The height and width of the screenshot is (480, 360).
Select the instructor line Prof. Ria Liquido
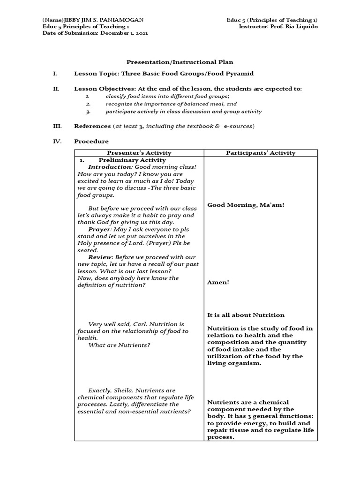tap(278, 26)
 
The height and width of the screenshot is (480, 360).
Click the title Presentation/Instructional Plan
tap(180, 62)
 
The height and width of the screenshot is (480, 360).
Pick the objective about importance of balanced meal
tap(171, 104)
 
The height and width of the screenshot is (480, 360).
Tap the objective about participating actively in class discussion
tap(183, 112)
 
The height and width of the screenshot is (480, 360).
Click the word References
tap(92, 126)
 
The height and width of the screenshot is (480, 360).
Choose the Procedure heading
tap(91, 141)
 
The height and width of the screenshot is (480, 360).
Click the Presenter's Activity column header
tap(139, 153)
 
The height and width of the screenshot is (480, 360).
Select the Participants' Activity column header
tap(261, 153)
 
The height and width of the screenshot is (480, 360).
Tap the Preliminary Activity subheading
tap(132, 160)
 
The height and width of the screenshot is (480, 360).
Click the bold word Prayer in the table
tap(99, 229)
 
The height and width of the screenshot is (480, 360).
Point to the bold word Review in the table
tap(100, 257)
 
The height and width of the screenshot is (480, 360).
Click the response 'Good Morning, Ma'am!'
tap(246, 205)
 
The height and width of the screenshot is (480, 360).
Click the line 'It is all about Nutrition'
tap(246, 315)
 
